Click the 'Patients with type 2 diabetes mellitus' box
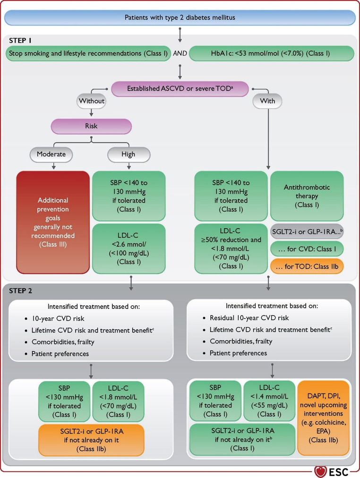(180, 17)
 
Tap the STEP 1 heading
(20, 41)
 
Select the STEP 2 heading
(20, 291)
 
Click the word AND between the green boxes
(180, 53)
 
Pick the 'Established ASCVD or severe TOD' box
(180, 89)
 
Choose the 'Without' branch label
(92, 101)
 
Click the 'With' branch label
(267, 101)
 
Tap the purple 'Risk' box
(91, 126)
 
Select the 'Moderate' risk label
(51, 154)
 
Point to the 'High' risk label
(129, 154)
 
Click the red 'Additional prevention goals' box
(53, 222)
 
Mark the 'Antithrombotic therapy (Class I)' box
(307, 196)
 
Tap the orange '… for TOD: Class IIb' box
(307, 267)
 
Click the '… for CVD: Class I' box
(307, 249)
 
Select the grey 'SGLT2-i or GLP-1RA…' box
(307, 232)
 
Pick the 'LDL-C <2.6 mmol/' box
(129, 249)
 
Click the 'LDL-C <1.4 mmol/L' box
(269, 401)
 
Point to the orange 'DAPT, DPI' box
(323, 418)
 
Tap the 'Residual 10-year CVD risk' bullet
(246, 318)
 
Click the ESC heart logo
(320, 472)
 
